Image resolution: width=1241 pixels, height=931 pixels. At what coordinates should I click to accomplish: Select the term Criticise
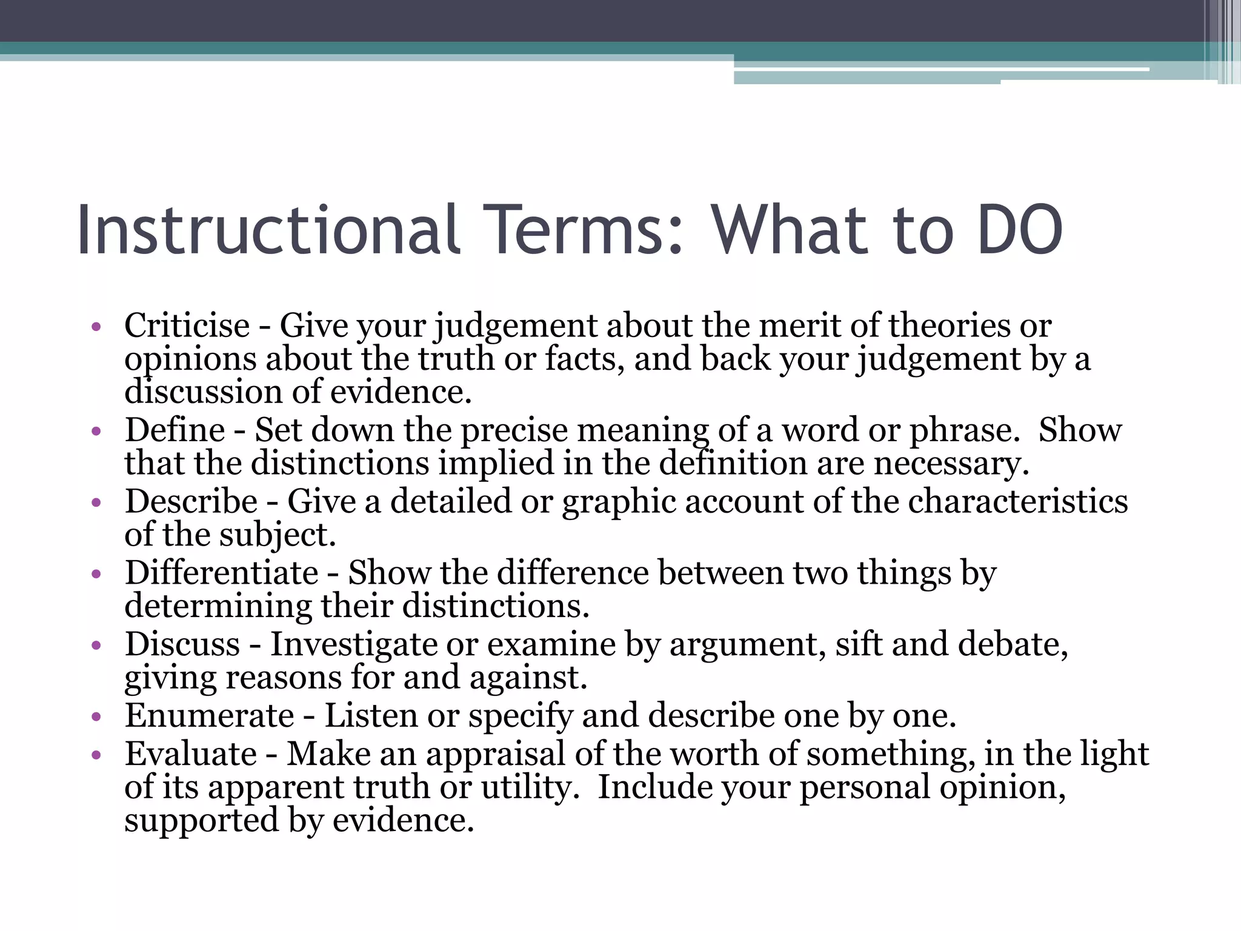187,326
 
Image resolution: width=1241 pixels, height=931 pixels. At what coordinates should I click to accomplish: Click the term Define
175,430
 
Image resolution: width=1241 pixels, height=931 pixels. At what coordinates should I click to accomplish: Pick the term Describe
191,502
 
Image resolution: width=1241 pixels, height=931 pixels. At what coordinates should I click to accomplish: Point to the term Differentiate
221,573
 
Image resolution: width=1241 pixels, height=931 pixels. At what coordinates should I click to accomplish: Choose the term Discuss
182,644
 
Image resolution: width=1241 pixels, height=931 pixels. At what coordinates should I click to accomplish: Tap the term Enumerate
210,716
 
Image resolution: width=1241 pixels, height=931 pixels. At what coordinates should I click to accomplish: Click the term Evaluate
191,755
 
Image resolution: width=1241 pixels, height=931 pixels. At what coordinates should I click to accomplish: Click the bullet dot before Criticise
95,328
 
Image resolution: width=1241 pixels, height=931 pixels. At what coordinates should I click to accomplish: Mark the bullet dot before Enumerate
95,718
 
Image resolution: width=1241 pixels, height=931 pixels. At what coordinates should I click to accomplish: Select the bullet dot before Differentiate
95,575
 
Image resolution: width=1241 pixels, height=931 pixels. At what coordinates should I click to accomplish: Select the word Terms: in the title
587,230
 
